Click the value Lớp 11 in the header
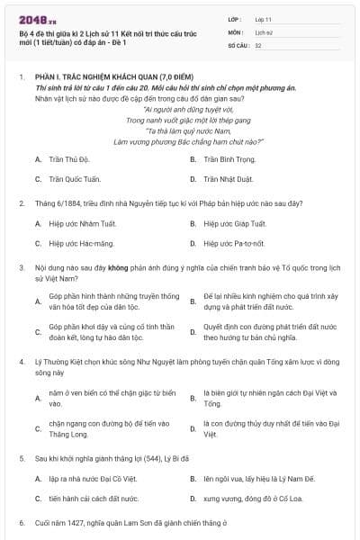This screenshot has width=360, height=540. coord(262,18)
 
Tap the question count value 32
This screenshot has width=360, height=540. coord(258,44)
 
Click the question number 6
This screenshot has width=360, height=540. coord(22,522)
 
